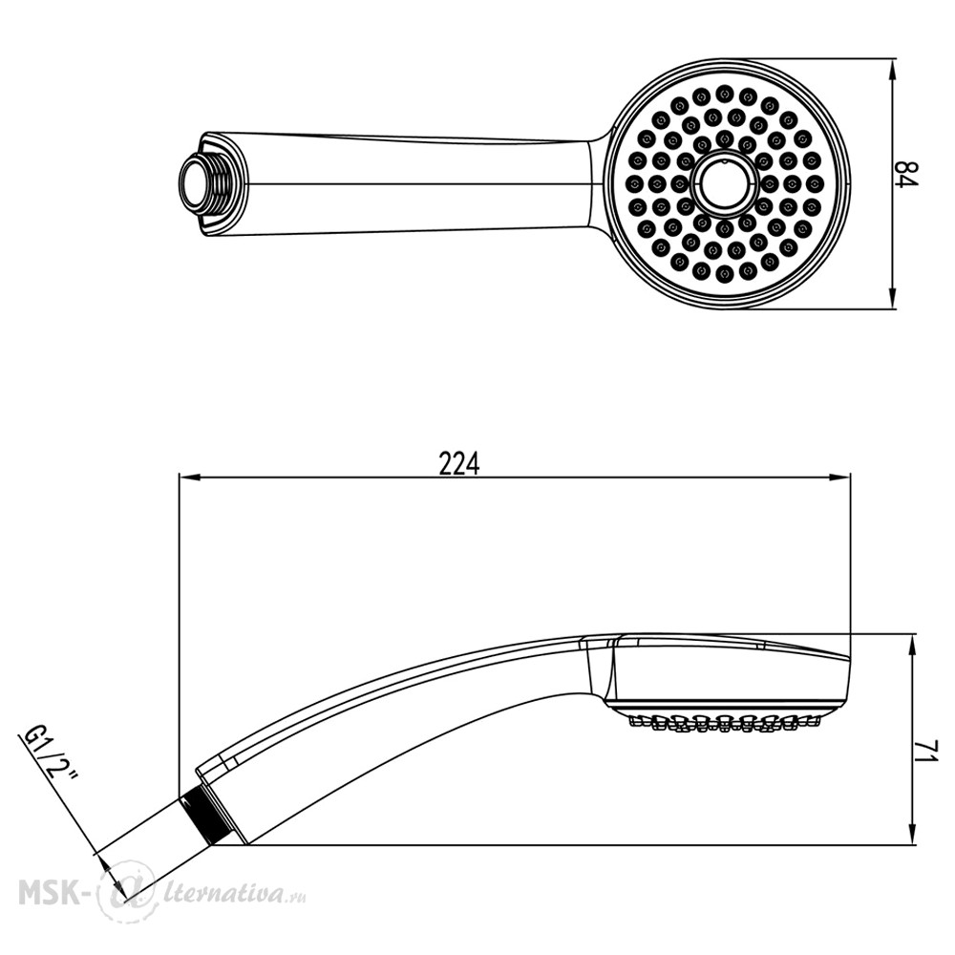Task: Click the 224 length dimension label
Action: pos(459,464)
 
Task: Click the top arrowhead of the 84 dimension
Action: pos(893,70)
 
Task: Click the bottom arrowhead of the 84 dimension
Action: pos(893,298)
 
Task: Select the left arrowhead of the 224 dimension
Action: pos(190,477)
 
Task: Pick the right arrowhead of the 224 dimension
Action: pos(838,477)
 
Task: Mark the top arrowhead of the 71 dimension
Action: pos(912,646)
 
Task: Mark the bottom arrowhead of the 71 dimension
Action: pos(912,834)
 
